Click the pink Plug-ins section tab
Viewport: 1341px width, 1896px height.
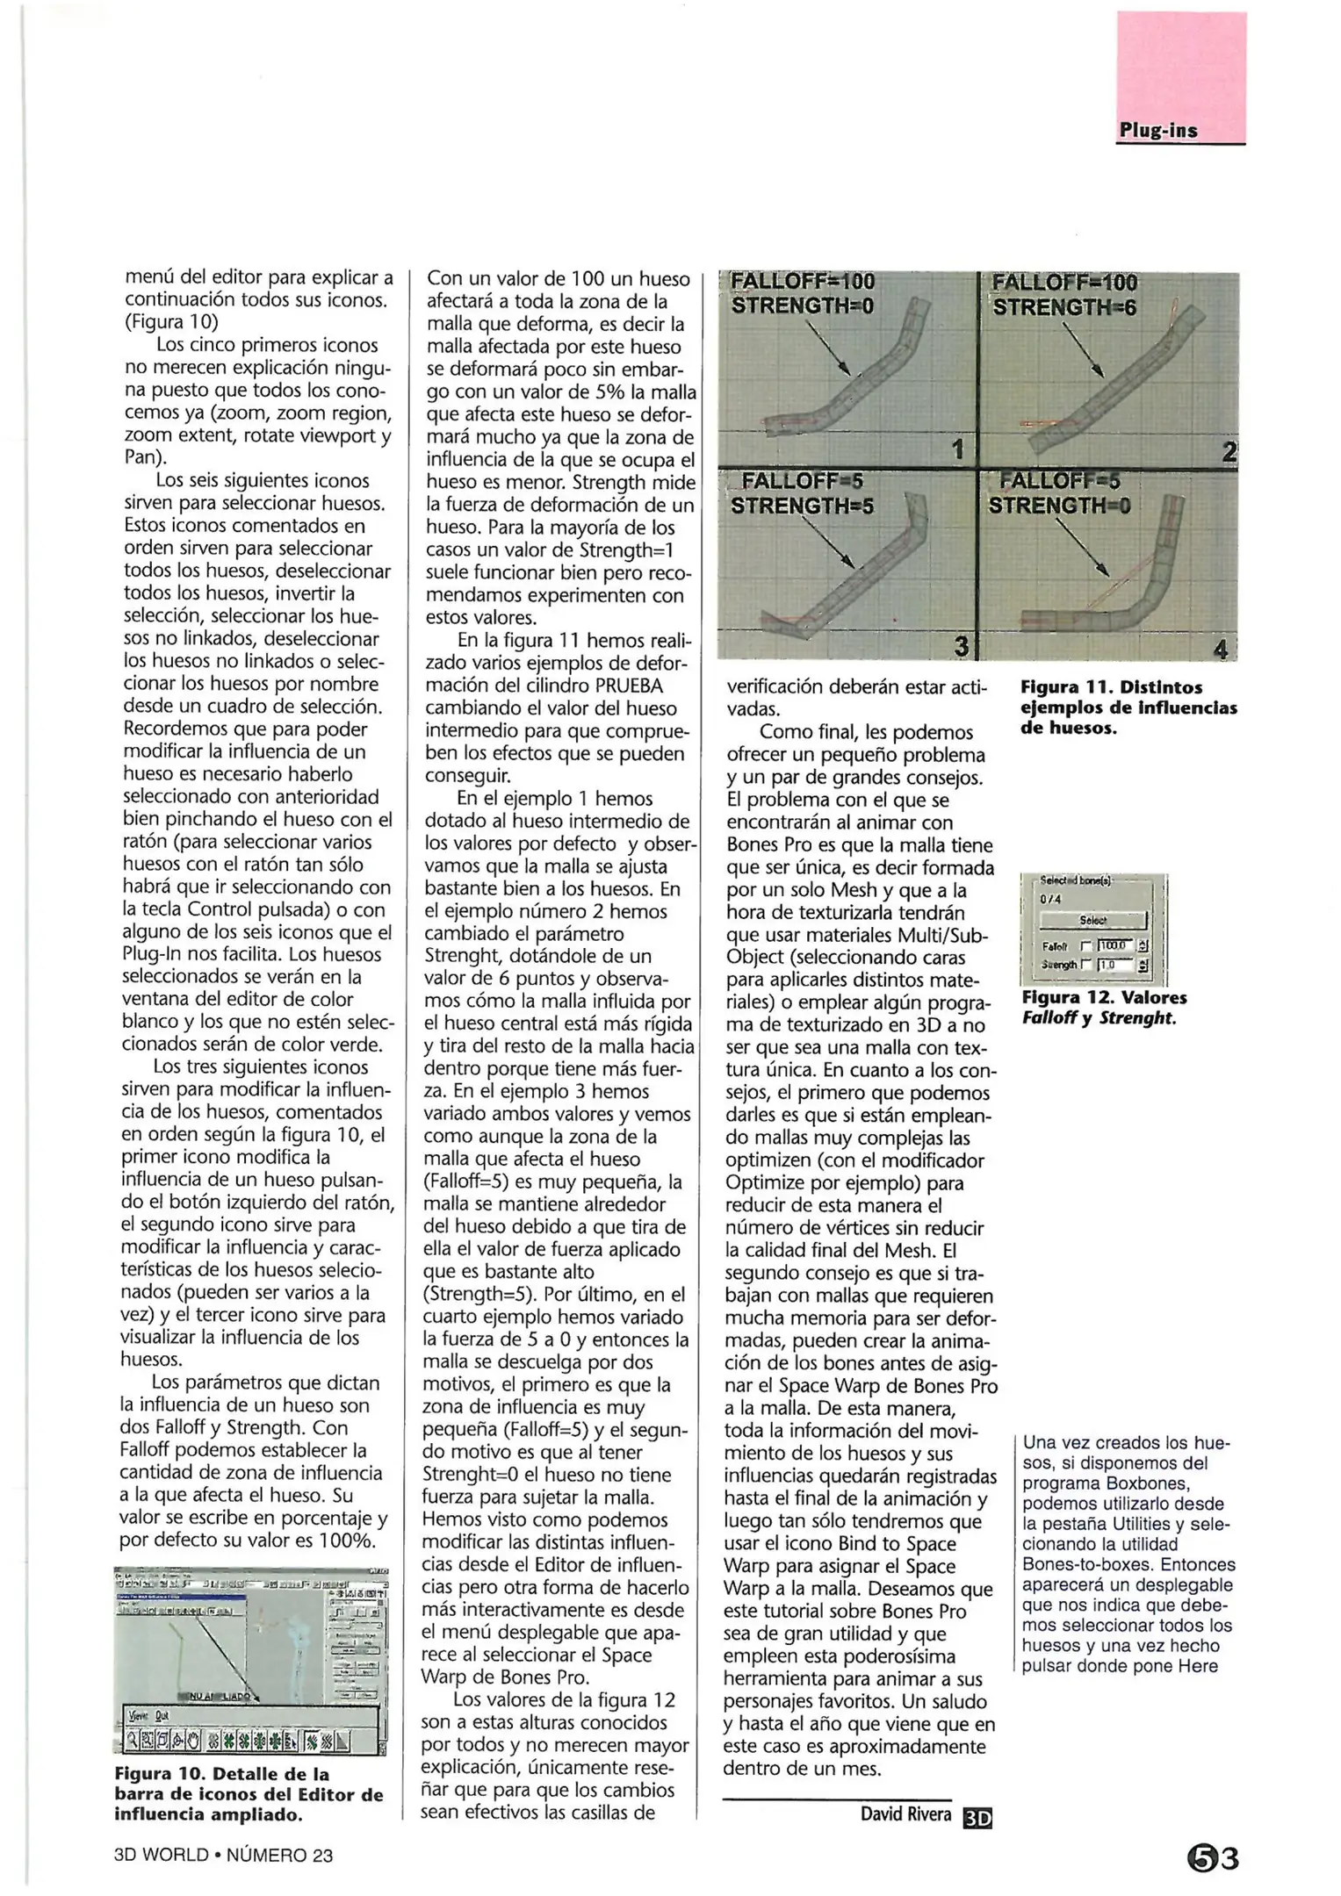[x=1180, y=79]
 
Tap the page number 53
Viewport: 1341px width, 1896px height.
[x=1212, y=1857]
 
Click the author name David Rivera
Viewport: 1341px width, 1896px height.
[x=905, y=1814]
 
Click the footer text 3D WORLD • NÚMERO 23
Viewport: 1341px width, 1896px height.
[x=223, y=1856]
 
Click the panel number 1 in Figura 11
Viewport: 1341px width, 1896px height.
[x=958, y=450]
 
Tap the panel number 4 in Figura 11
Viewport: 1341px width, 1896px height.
[x=1219, y=650]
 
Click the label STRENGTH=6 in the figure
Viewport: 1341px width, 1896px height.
[x=1064, y=307]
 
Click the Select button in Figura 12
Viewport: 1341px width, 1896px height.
[x=1092, y=921]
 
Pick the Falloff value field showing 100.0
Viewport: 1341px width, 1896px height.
[x=1114, y=946]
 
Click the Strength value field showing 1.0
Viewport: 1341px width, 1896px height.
[x=1114, y=965]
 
